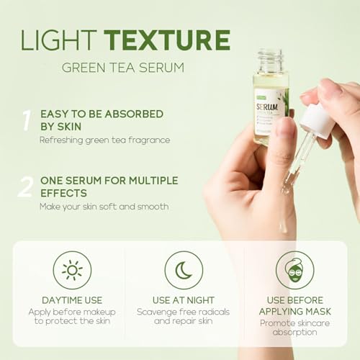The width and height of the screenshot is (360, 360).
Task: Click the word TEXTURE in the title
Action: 167,40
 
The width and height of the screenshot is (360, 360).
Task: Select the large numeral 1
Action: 26,120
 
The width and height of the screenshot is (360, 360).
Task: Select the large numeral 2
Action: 26,186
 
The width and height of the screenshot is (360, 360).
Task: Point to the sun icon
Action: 72,270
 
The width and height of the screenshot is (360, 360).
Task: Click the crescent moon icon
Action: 183,270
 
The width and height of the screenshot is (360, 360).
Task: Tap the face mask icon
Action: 294,270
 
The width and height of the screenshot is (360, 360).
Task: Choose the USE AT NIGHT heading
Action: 183,300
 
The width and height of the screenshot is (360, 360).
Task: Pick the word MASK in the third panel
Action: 315,311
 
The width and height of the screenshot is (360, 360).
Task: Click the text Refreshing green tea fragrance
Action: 104,140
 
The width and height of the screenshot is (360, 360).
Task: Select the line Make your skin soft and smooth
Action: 104,207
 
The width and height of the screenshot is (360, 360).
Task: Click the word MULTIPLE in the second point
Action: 150,180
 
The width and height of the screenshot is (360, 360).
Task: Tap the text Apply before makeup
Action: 71,312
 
